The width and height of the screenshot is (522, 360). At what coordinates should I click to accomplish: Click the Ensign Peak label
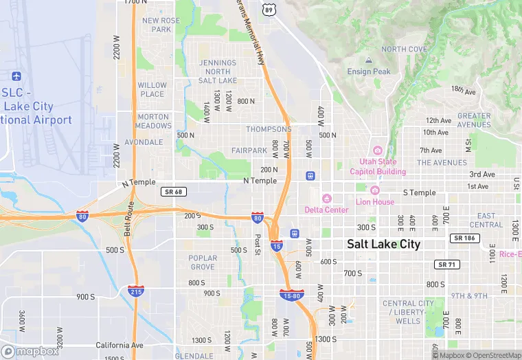[369, 71]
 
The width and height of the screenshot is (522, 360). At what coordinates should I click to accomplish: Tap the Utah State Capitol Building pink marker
[376, 150]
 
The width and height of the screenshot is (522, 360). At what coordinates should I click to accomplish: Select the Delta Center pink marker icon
[327, 199]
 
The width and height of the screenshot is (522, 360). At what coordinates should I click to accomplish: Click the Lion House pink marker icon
[374, 190]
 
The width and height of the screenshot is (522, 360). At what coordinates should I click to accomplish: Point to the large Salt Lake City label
[383, 244]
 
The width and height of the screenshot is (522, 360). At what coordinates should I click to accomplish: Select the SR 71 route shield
[446, 265]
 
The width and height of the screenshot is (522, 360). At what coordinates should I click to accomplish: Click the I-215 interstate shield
[135, 291]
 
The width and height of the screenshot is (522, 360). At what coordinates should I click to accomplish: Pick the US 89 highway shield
[269, 10]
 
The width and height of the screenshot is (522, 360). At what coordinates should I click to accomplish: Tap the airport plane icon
[17, 76]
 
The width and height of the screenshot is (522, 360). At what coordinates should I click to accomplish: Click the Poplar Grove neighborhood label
[203, 262]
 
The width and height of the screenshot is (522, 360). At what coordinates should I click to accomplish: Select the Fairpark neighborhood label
[249, 150]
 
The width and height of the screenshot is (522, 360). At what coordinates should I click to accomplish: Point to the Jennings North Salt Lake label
[218, 72]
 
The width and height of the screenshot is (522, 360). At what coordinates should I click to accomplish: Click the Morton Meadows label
[153, 121]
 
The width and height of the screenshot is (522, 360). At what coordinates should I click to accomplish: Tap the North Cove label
[404, 49]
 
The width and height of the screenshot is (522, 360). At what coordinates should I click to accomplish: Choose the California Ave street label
[120, 345]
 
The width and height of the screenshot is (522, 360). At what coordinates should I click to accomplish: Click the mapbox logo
[31, 351]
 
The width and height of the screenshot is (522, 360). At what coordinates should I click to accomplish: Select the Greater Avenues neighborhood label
[474, 120]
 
